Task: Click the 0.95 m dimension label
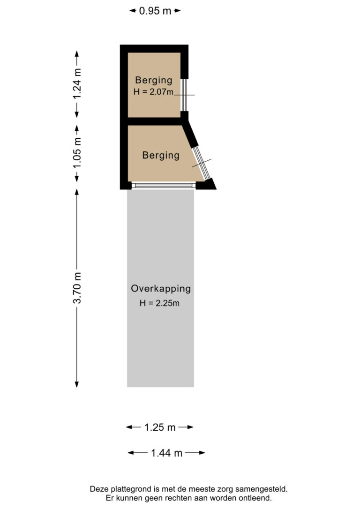coord(155,11)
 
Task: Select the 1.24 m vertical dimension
coord(77,84)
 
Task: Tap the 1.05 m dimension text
coord(77,153)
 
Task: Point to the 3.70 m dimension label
coord(77,288)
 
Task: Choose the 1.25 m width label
coord(160,427)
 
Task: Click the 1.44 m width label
coord(166,453)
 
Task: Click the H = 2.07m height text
coord(153,92)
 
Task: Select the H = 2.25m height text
coord(159,303)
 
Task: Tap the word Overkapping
coord(161,289)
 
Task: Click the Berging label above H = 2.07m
coord(154,80)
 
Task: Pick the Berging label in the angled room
coord(161,156)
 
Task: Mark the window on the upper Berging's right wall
coord(184,95)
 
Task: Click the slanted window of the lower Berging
coord(202,163)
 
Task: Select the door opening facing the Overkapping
coord(164,185)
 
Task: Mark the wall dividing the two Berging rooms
coord(155,121)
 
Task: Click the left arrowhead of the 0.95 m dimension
coord(133,11)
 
